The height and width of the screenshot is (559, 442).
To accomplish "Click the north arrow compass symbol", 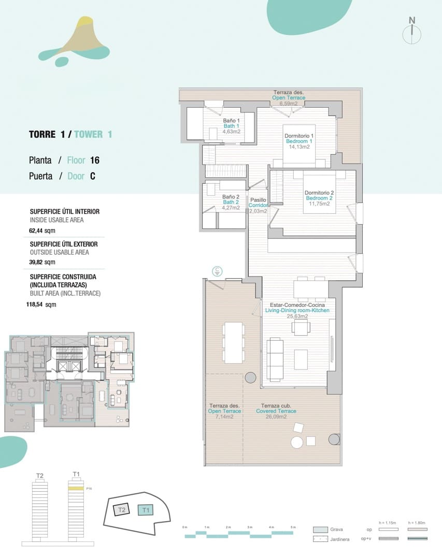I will pyautogui.click(x=411, y=30).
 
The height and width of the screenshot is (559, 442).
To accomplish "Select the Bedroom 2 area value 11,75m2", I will pyautogui.click(x=319, y=204).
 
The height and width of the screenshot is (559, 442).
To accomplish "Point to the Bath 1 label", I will pyautogui.click(x=231, y=126).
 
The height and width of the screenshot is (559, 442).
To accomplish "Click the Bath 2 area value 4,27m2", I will pyautogui.click(x=231, y=208).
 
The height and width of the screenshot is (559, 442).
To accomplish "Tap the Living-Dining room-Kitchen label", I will pyautogui.click(x=297, y=311).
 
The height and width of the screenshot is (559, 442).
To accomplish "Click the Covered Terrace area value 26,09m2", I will pyautogui.click(x=276, y=417).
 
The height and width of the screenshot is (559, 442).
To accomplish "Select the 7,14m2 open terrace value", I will pyautogui.click(x=224, y=417).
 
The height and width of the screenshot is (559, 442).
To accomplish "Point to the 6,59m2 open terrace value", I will pyautogui.click(x=289, y=104).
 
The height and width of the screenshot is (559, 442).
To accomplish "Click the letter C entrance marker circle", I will pyautogui.click(x=218, y=271).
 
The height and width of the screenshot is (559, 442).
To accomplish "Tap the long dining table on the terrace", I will pyautogui.click(x=233, y=343).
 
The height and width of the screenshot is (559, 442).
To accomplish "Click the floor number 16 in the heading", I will pyautogui.click(x=94, y=160).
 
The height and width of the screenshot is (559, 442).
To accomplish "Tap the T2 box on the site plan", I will pyautogui.click(x=121, y=510).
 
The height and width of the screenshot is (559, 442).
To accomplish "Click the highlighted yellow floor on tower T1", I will pyautogui.click(x=76, y=488).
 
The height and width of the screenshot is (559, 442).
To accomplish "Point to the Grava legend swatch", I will pyautogui.click(x=320, y=529).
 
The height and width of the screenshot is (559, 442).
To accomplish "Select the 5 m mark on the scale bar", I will pyautogui.click(x=293, y=527).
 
